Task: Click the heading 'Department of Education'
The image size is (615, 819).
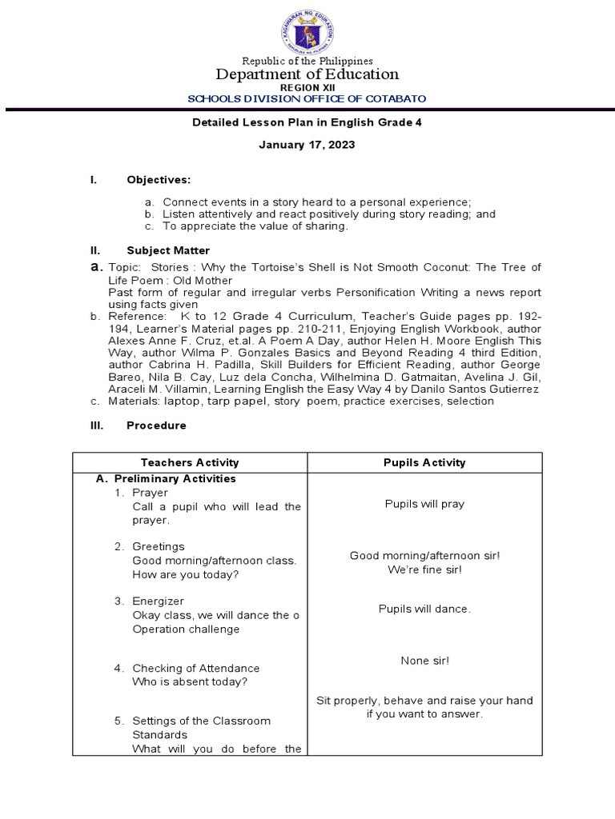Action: (x=307, y=74)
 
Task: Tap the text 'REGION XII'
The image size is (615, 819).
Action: (x=307, y=87)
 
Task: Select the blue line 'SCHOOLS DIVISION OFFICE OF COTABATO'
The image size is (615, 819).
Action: (x=307, y=99)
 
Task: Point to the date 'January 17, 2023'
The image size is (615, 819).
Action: (x=307, y=146)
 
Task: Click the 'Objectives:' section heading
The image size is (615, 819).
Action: (x=159, y=180)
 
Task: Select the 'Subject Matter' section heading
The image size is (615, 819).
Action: (x=168, y=250)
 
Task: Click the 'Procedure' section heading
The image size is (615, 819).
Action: (x=156, y=425)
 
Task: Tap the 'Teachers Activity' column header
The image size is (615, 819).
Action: (x=190, y=462)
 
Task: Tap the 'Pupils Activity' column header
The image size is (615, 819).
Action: (x=424, y=462)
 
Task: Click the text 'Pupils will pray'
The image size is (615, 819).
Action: (x=424, y=504)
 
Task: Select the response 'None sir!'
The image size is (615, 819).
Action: (x=424, y=661)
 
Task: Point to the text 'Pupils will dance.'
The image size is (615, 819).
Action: (x=424, y=609)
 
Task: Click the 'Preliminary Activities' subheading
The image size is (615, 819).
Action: (x=175, y=479)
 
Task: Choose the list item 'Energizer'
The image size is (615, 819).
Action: (x=158, y=601)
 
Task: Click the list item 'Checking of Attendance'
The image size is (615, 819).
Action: (x=195, y=668)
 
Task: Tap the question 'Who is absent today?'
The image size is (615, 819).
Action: (x=190, y=682)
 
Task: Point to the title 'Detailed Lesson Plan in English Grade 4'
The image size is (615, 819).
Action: (x=307, y=122)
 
